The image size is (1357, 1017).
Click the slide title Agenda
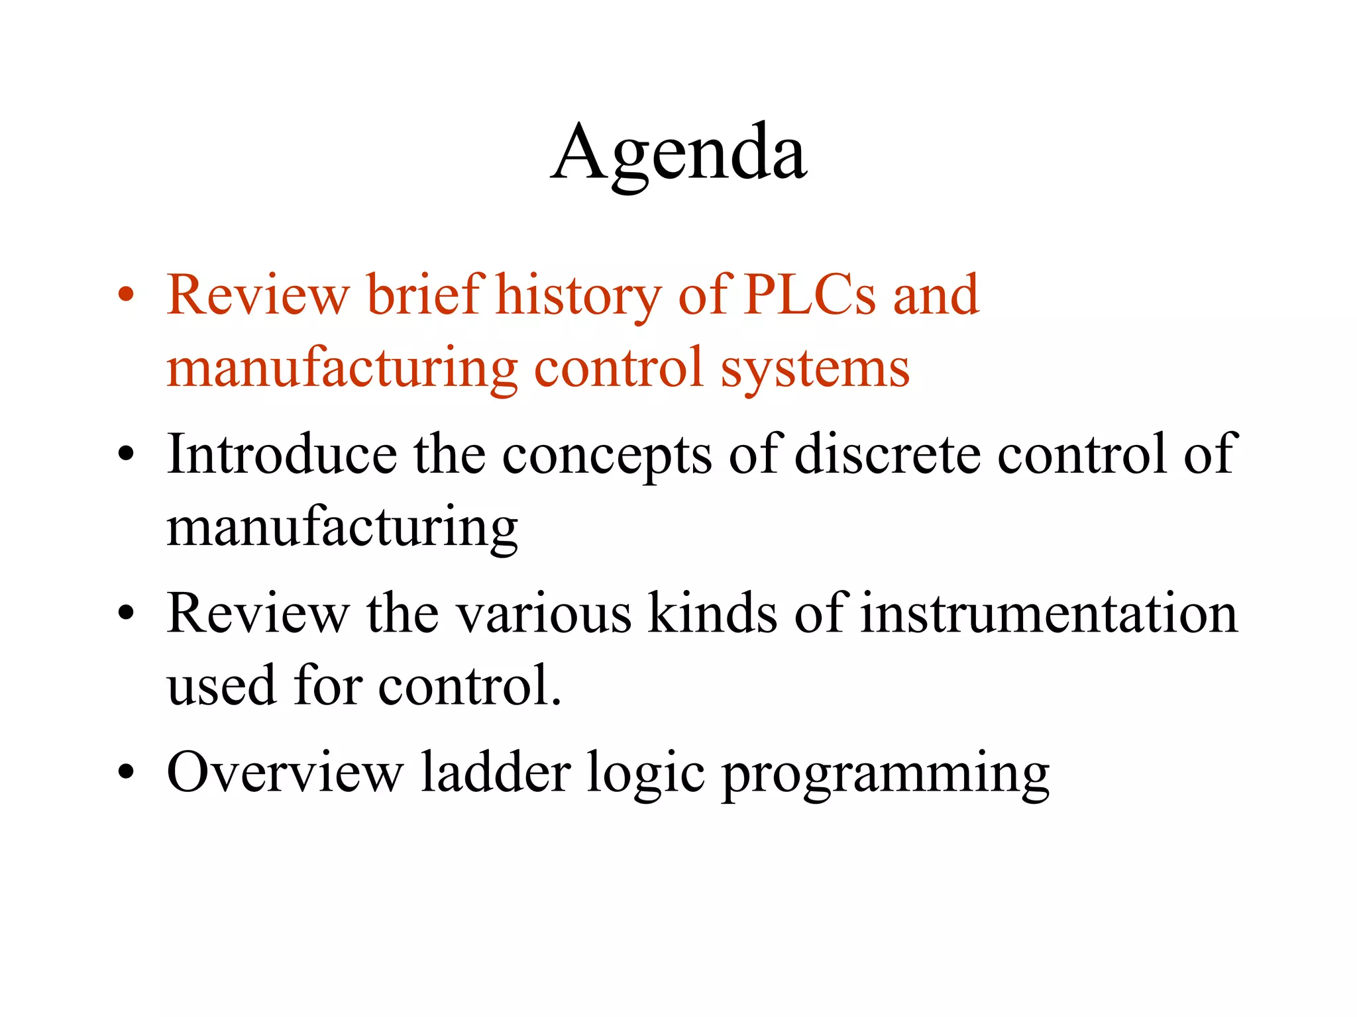(678, 154)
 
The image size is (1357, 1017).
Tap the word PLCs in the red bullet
(809, 295)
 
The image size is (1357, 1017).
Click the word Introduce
(282, 454)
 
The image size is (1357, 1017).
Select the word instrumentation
(1049, 613)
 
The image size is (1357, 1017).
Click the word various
(545, 614)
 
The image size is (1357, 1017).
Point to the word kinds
(712, 613)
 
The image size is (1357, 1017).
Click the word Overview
(285, 772)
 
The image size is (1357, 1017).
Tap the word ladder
(496, 772)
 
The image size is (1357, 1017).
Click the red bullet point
(126, 295)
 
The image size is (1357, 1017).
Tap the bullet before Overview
(126, 772)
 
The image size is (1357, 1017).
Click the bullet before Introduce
(126, 454)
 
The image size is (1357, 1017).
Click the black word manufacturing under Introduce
(342, 528)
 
